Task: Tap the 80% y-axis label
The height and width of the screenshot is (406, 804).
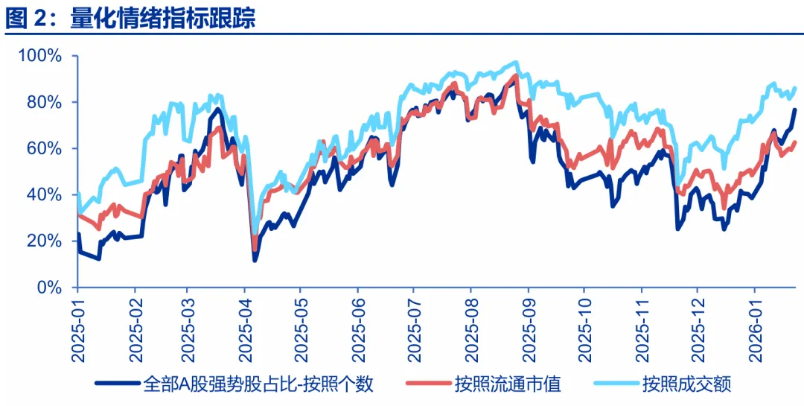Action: click(x=45, y=102)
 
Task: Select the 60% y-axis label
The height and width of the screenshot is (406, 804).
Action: click(x=45, y=148)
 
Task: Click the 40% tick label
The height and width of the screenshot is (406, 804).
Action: click(x=45, y=194)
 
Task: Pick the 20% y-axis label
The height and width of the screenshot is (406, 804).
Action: click(x=45, y=241)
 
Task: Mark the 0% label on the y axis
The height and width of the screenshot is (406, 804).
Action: click(x=49, y=287)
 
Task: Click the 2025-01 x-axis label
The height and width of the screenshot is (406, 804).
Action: click(x=78, y=328)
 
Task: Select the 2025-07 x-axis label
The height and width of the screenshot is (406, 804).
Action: click(x=414, y=328)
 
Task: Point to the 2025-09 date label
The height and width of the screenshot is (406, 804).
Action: click(x=528, y=328)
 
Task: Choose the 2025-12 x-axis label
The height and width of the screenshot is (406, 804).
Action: click(x=697, y=328)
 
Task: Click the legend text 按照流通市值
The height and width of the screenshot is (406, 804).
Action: click(x=508, y=384)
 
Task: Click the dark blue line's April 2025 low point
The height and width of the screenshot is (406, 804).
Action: click(x=255, y=260)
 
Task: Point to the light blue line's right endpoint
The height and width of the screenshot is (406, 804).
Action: click(x=796, y=88)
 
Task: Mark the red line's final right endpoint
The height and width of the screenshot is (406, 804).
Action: click(x=796, y=142)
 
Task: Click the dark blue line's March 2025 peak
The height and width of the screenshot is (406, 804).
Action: click(x=217, y=109)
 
